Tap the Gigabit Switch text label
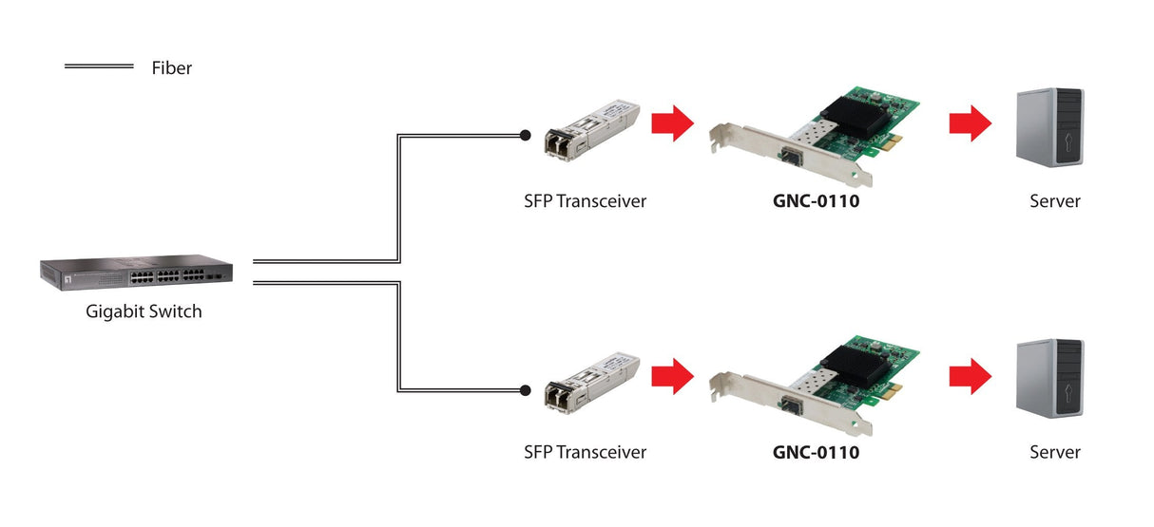(144, 311)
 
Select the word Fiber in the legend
(171, 68)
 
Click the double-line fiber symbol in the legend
(99, 66)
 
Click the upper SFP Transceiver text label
(585, 201)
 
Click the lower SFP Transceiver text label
(585, 452)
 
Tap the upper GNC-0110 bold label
(816, 201)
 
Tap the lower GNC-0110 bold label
(816, 452)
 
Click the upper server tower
(1049, 127)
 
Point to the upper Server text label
(1055, 201)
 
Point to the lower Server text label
(1055, 452)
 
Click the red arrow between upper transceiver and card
(673, 122)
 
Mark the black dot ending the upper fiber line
(524, 135)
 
